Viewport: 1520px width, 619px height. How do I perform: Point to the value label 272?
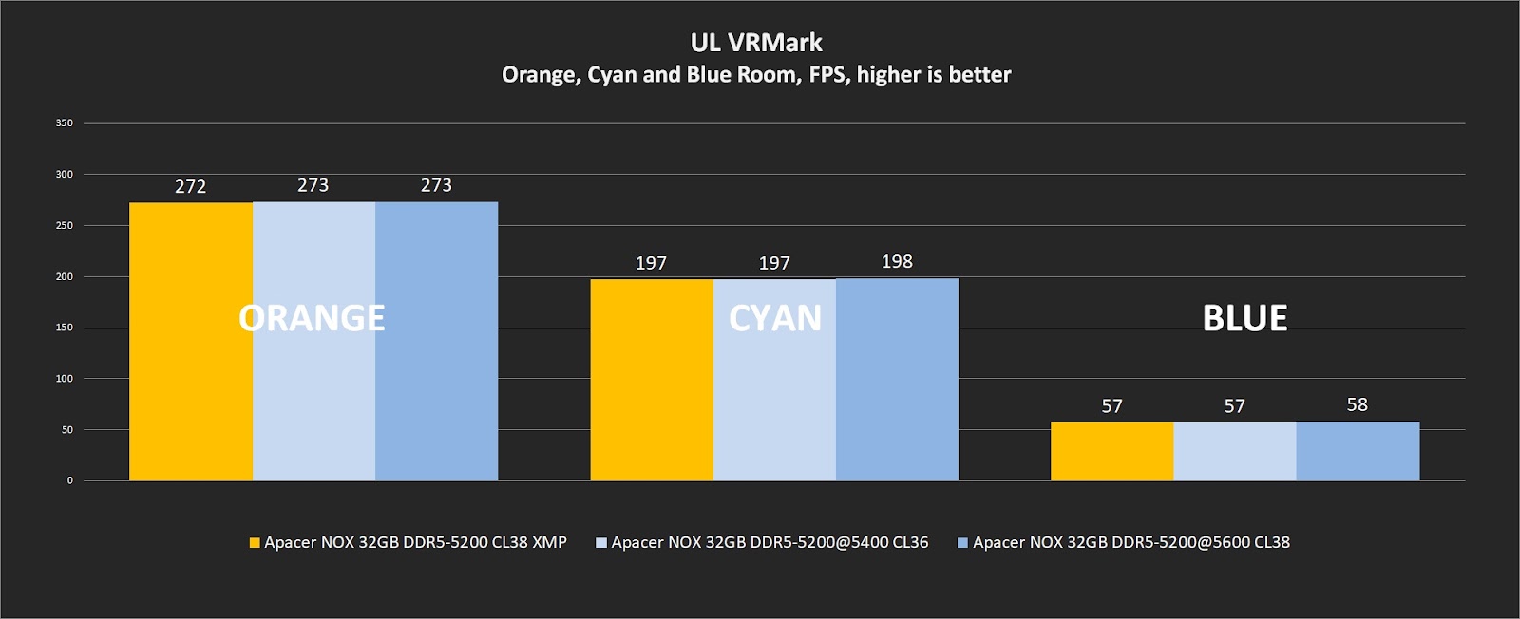coord(191,187)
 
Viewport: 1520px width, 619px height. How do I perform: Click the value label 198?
coord(897,262)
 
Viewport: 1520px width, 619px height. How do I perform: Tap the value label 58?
coord(1358,405)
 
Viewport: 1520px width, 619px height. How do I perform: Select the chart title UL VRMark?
coord(756,43)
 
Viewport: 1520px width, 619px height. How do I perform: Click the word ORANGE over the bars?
coord(312,318)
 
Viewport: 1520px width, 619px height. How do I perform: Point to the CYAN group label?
coord(775,318)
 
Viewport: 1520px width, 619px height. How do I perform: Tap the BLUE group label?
coord(1244,318)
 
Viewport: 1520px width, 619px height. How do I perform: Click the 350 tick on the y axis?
coord(64,123)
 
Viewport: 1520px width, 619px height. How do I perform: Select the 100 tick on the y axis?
coord(64,379)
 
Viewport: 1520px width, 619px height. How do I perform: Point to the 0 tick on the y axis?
coord(69,480)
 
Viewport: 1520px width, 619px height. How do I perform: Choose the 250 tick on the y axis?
coord(64,226)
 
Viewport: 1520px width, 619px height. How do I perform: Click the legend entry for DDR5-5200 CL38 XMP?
coord(408,543)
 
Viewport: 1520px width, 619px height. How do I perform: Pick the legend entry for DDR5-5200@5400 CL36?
coord(762,543)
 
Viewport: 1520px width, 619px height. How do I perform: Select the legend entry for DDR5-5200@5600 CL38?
coord(1124,543)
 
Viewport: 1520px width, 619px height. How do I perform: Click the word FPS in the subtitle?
coord(827,75)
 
